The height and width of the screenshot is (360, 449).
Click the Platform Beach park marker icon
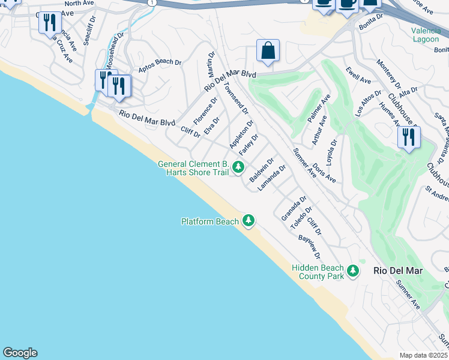pyautogui.click(x=249, y=221)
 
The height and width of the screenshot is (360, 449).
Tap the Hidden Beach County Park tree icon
pyautogui.click(x=353, y=271)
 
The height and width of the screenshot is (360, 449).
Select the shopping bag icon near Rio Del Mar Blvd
pyautogui.click(x=268, y=52)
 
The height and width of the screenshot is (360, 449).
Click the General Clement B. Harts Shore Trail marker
pyautogui.click(x=238, y=167)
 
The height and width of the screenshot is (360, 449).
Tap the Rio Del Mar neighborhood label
pyautogui.click(x=397, y=271)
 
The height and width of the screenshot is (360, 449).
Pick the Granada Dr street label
pyautogui.click(x=294, y=208)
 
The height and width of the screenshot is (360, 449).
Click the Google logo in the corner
pyautogui.click(x=20, y=353)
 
